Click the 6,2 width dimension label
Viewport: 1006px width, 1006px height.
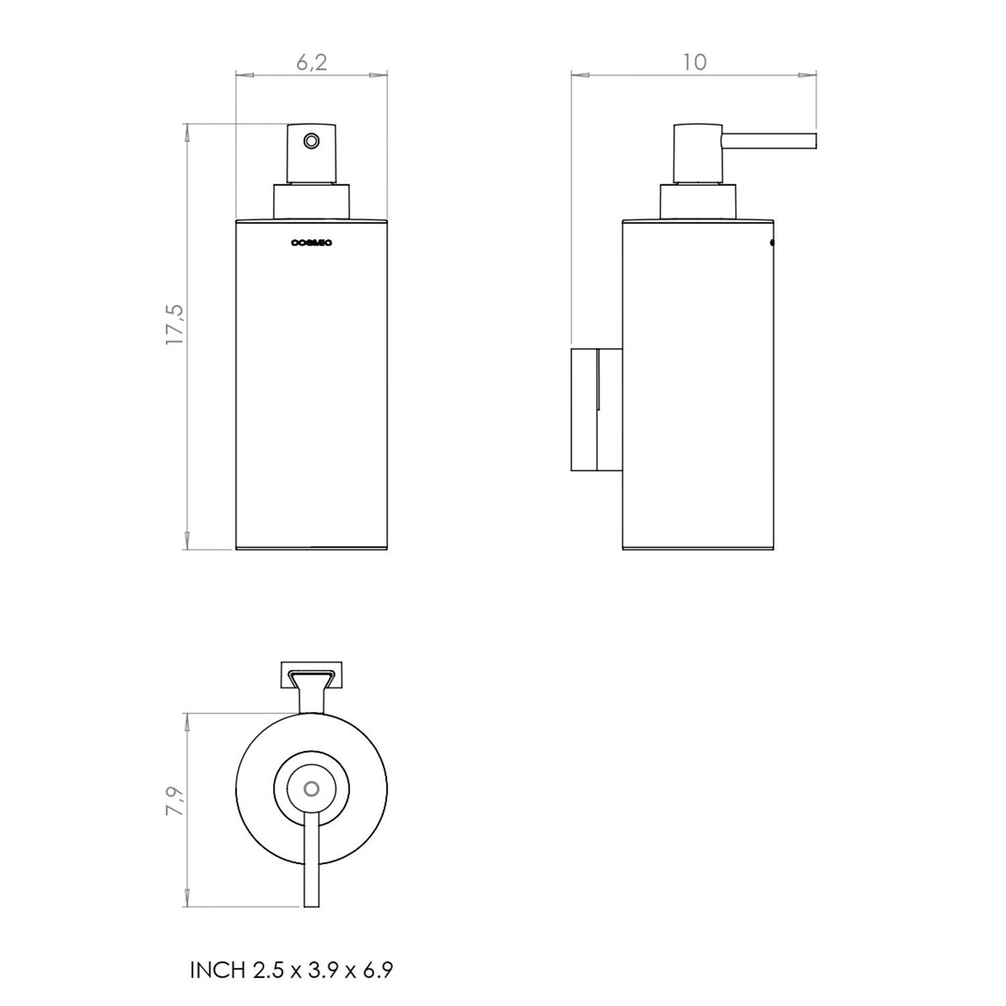312,62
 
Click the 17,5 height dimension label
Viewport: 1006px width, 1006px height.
174,325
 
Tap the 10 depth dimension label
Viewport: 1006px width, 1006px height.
695,62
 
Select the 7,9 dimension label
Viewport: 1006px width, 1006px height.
175,801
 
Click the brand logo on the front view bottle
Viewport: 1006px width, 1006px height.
311,243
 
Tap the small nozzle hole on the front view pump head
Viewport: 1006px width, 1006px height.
311,141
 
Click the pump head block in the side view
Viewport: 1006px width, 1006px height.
697,153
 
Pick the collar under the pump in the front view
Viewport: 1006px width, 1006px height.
311,201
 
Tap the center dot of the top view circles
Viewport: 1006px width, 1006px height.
311,789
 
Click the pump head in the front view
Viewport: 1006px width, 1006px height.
311,153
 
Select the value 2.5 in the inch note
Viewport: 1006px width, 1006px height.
268,970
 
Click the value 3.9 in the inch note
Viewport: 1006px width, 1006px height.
322,970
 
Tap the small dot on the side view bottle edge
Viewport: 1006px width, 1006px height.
772,243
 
